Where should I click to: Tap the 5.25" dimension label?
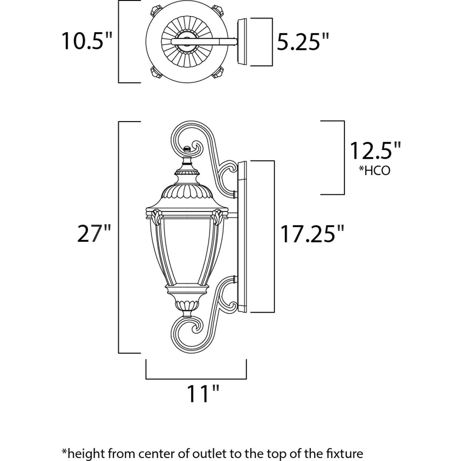[x=303, y=42]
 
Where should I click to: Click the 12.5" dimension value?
[x=375, y=151]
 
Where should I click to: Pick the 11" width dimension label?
[x=203, y=393]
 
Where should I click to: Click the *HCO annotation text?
[x=375, y=171]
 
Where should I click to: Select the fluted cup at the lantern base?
[x=187, y=303]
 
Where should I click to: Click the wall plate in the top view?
[x=242, y=42]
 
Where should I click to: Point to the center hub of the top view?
[x=186, y=42]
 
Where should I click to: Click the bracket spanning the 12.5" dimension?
[x=344, y=158]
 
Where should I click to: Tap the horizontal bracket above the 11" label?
[x=196, y=378]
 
